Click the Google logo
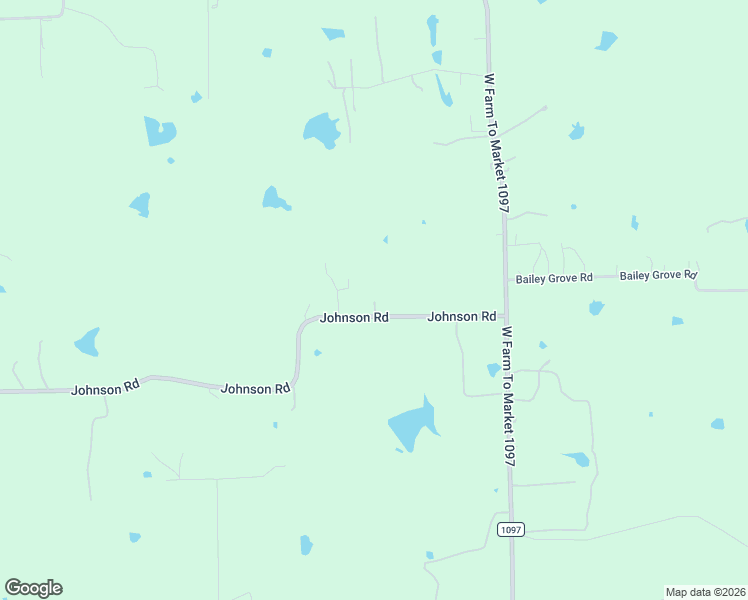click(x=33, y=588)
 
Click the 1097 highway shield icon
click(x=510, y=528)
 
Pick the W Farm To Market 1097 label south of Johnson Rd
click(x=508, y=396)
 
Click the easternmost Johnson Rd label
click(x=462, y=316)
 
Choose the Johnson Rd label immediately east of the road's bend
click(x=354, y=317)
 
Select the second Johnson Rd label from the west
click(x=255, y=388)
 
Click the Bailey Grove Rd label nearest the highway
click(x=554, y=278)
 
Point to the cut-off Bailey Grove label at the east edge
click(x=657, y=274)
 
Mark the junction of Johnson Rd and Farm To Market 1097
click(x=503, y=315)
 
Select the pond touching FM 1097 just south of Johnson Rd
click(x=493, y=370)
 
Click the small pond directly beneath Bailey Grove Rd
click(x=596, y=307)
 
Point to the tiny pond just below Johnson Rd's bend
click(x=317, y=352)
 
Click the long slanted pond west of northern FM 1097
click(x=443, y=91)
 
